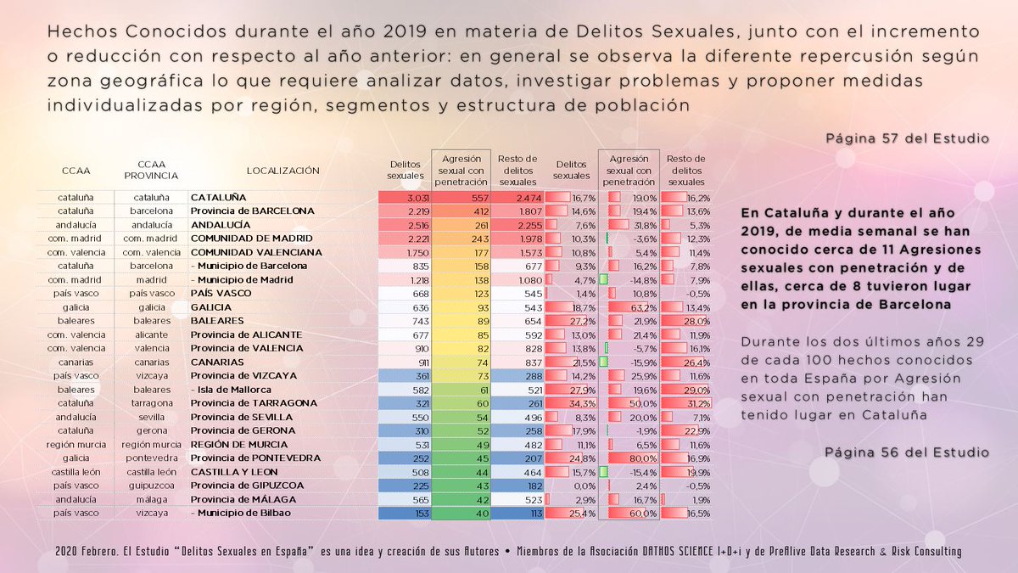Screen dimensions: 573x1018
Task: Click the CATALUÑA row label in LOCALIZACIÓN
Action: point(217,197)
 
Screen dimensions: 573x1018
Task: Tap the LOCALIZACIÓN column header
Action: point(282,171)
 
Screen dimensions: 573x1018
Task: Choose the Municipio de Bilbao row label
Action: point(243,514)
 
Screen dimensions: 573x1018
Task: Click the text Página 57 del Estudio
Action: point(907,138)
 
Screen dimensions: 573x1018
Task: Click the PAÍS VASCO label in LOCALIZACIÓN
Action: point(219,294)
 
